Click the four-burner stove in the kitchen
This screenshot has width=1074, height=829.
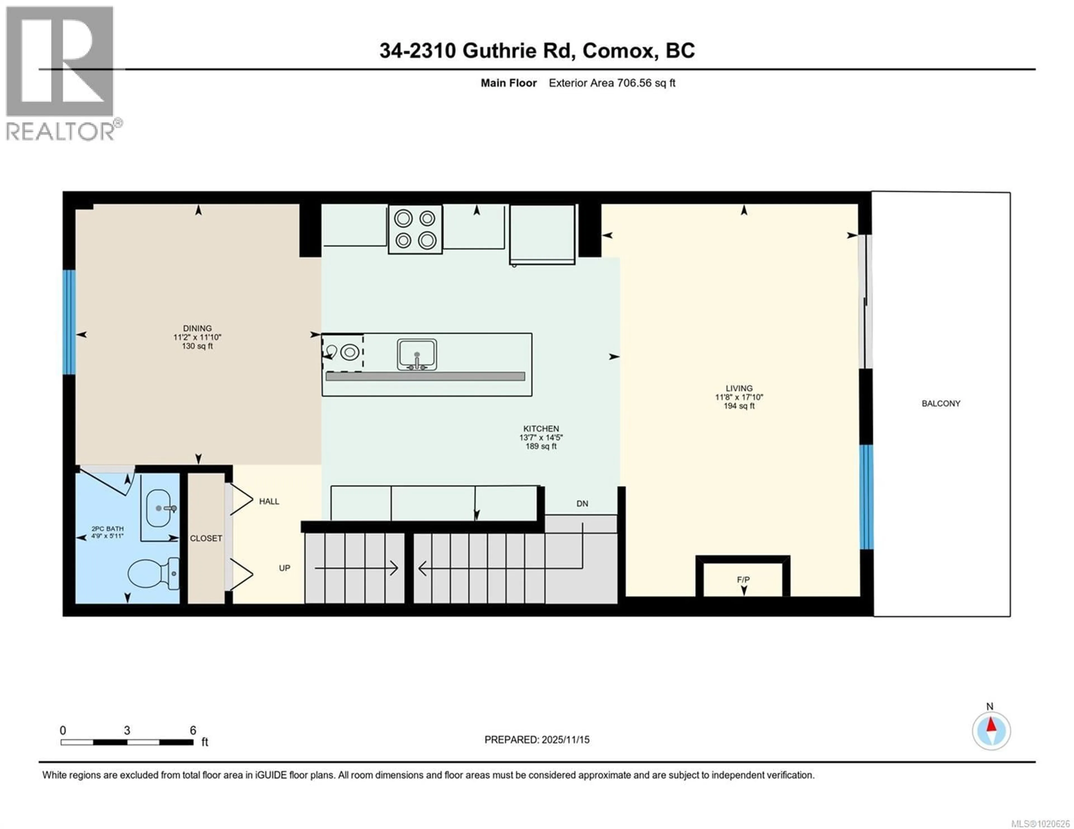pos(415,229)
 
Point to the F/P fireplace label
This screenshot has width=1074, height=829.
pos(743,580)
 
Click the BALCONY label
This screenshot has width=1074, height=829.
pos(941,403)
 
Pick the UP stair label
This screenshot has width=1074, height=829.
pos(284,568)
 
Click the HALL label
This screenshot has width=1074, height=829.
pos(269,501)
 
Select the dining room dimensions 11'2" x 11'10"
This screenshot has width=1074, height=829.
pos(197,337)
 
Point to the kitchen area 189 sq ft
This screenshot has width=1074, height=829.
pos(541,446)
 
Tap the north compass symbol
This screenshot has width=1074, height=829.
pos(991,731)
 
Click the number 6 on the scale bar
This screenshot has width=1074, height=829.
pos(193,730)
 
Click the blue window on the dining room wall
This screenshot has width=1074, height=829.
pos(69,322)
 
